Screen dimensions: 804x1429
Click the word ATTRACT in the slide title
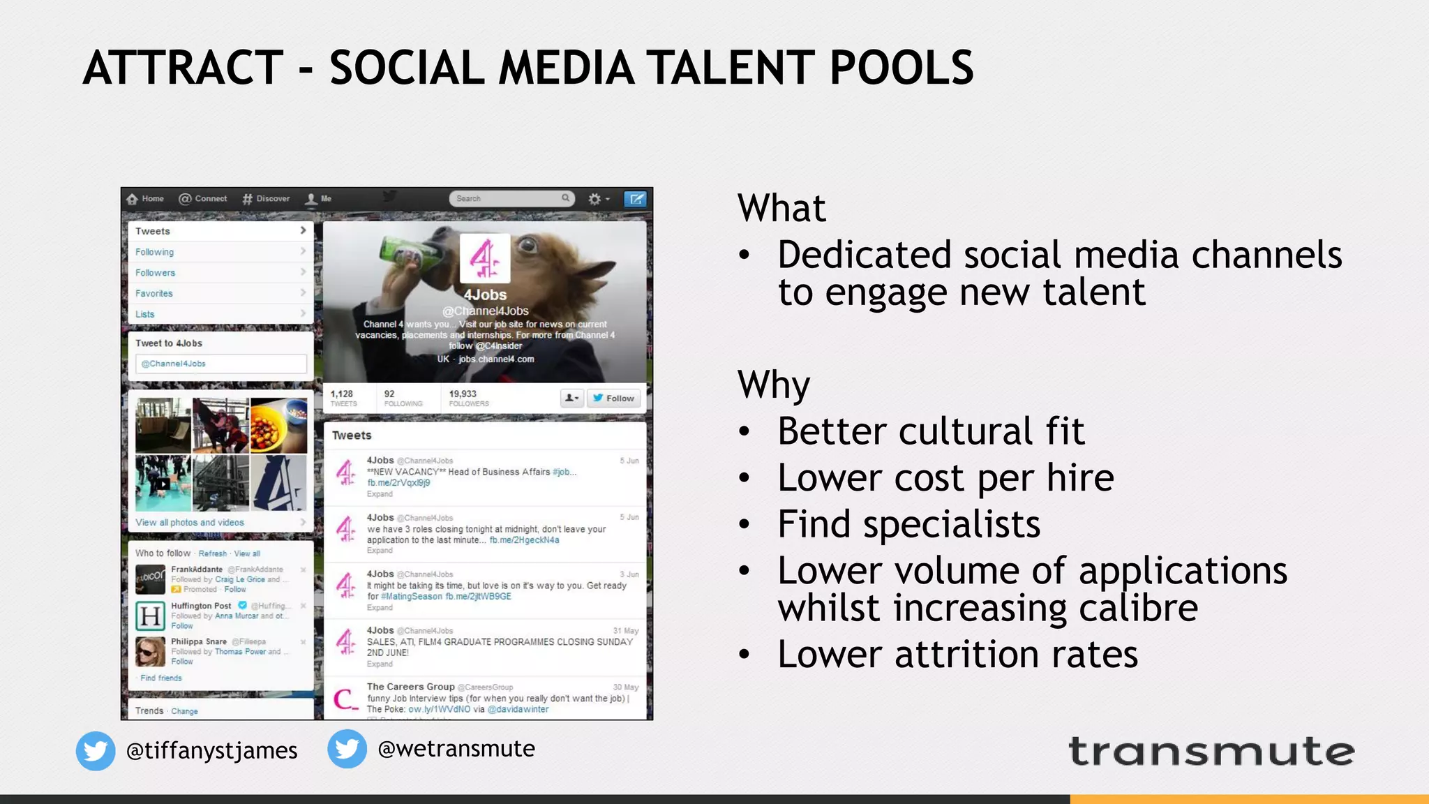click(x=183, y=68)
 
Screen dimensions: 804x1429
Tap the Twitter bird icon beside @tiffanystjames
click(x=96, y=751)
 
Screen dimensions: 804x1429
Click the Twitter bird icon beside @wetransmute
click(x=347, y=749)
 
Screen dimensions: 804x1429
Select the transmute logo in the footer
click(x=1211, y=752)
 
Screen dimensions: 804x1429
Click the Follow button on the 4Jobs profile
click(x=614, y=399)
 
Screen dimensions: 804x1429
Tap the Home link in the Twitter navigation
click(x=146, y=199)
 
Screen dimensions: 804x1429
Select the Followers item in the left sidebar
click(x=155, y=273)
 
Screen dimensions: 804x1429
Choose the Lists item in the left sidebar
click(x=145, y=314)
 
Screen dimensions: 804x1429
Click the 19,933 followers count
click(x=463, y=394)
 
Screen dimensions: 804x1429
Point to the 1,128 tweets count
click(x=342, y=394)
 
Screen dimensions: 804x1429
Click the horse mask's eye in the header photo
click(x=528, y=244)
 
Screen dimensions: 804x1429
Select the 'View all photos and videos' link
click(x=190, y=523)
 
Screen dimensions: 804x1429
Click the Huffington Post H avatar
click(x=150, y=616)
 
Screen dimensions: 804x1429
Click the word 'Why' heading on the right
click(x=774, y=384)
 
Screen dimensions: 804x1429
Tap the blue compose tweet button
click(x=635, y=199)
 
